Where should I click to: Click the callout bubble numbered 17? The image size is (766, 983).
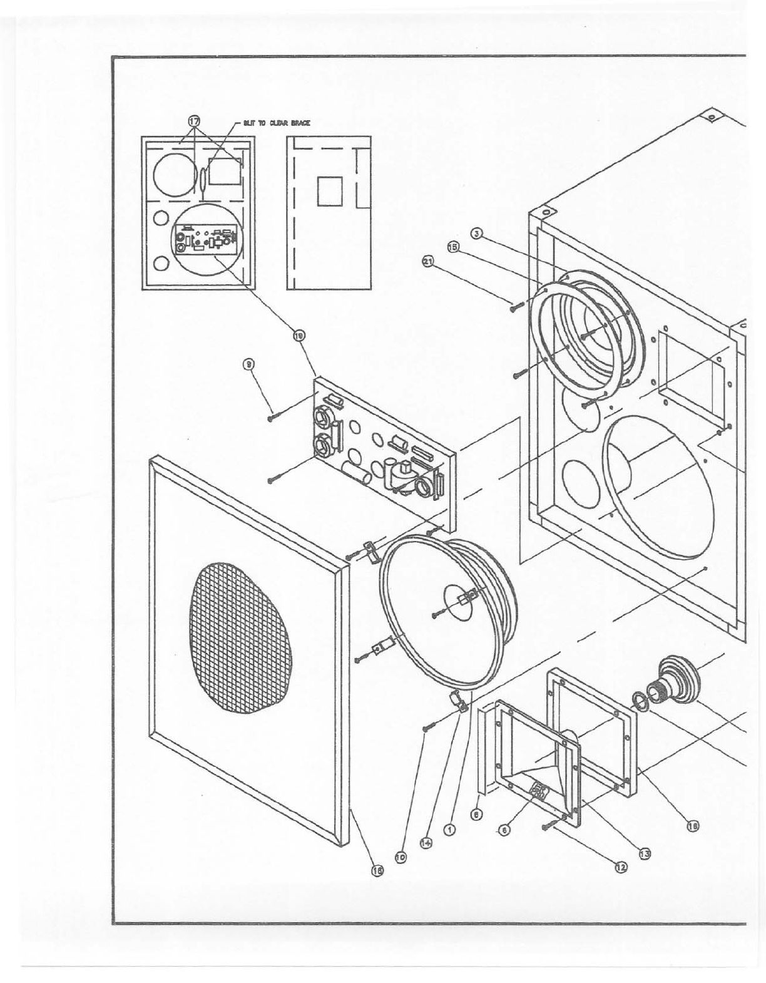coord(195,121)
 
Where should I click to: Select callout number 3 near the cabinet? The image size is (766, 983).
coord(476,234)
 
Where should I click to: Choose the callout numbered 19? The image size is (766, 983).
coord(299,337)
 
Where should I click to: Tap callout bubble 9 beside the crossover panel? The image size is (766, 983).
coord(248,363)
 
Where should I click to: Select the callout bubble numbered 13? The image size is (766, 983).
coord(644,852)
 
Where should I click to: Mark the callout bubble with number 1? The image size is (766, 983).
coord(449,829)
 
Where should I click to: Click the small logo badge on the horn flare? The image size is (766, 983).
coord(538,791)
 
